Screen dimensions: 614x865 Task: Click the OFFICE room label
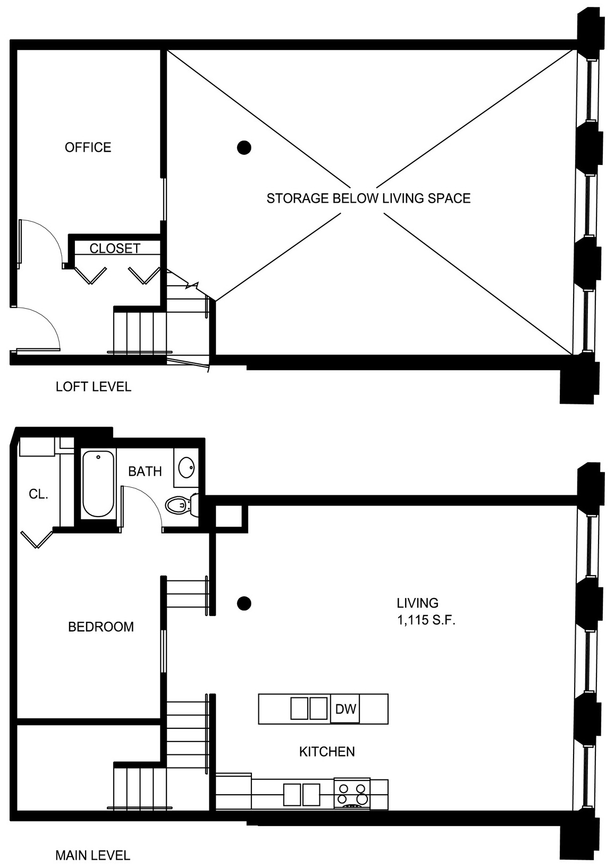tap(88, 147)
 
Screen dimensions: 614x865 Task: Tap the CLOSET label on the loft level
tap(115, 248)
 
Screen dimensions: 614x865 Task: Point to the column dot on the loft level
tap(244, 147)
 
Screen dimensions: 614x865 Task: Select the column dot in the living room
tap(244, 603)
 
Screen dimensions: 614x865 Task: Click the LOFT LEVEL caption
tap(94, 387)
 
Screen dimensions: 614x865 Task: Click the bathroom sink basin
tap(187, 468)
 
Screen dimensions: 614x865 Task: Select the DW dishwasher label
tap(346, 709)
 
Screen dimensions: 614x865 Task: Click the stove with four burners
tap(351, 793)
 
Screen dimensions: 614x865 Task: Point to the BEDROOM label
tap(100, 626)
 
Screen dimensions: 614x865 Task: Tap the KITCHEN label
tap(327, 752)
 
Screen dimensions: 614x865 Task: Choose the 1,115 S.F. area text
tap(426, 620)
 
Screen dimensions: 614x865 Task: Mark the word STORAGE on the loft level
tap(298, 198)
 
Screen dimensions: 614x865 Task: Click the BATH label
tap(145, 471)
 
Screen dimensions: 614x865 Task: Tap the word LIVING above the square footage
tap(417, 603)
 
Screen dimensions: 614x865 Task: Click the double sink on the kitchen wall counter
tap(302, 794)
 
